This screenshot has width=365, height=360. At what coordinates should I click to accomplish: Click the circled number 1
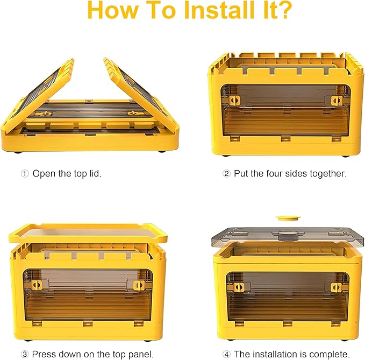pos(25,174)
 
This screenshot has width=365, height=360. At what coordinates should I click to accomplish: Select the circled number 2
pos(226,174)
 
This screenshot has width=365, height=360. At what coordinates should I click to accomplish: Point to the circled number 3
pos(25,355)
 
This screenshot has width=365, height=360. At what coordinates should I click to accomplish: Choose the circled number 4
pos(226,355)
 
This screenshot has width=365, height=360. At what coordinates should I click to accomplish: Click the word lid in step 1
pos(96,173)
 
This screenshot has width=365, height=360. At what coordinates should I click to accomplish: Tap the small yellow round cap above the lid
pos(288,218)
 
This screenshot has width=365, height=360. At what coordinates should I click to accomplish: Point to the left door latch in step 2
pos(234,101)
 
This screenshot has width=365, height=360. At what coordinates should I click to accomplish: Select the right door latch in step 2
pos(337,101)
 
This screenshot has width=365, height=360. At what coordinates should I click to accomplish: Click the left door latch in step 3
pos(37,285)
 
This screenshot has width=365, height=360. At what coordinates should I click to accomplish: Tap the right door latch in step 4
pos(336,287)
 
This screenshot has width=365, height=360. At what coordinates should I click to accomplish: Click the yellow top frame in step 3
pos(88,232)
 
